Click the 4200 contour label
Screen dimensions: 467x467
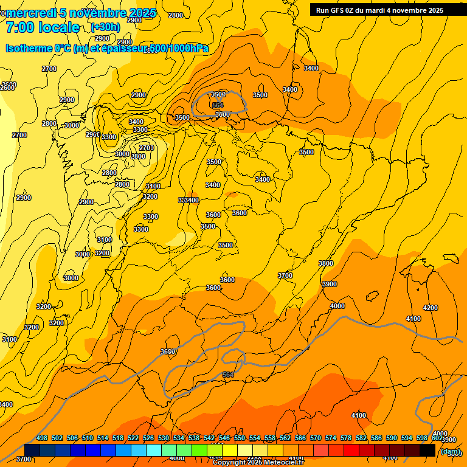(x=430, y=308)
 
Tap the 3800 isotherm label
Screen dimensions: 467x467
(x=326, y=263)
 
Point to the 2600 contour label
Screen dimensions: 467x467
(x=7, y=88)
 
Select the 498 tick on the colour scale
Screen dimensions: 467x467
(x=42, y=438)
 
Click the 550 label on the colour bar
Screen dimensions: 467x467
(x=240, y=438)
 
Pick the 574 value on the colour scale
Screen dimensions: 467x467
(x=331, y=438)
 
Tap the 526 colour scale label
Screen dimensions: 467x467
(x=148, y=438)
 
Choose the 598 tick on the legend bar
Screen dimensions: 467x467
(x=422, y=438)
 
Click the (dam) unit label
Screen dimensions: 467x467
(x=451, y=451)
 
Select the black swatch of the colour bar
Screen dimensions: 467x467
(x=427, y=450)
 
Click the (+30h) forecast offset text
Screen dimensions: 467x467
(x=105, y=27)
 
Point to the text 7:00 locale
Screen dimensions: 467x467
(x=43, y=27)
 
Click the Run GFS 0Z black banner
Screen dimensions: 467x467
(x=379, y=10)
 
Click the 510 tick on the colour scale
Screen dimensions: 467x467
(x=88, y=438)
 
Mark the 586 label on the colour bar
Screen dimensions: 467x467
(x=376, y=438)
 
